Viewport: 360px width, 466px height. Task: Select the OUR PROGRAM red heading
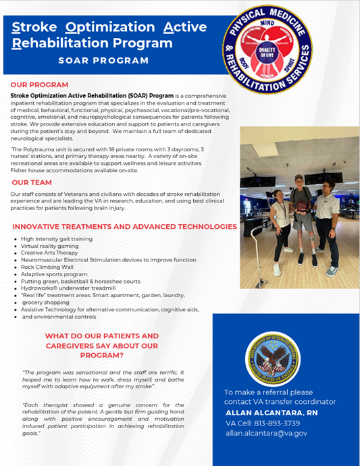(39, 84)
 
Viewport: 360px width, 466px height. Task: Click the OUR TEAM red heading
(32, 182)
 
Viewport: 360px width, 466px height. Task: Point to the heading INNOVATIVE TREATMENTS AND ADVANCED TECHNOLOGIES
(125, 226)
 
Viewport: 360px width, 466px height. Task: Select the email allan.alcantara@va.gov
(266, 433)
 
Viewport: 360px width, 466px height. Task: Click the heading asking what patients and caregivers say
(102, 345)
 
